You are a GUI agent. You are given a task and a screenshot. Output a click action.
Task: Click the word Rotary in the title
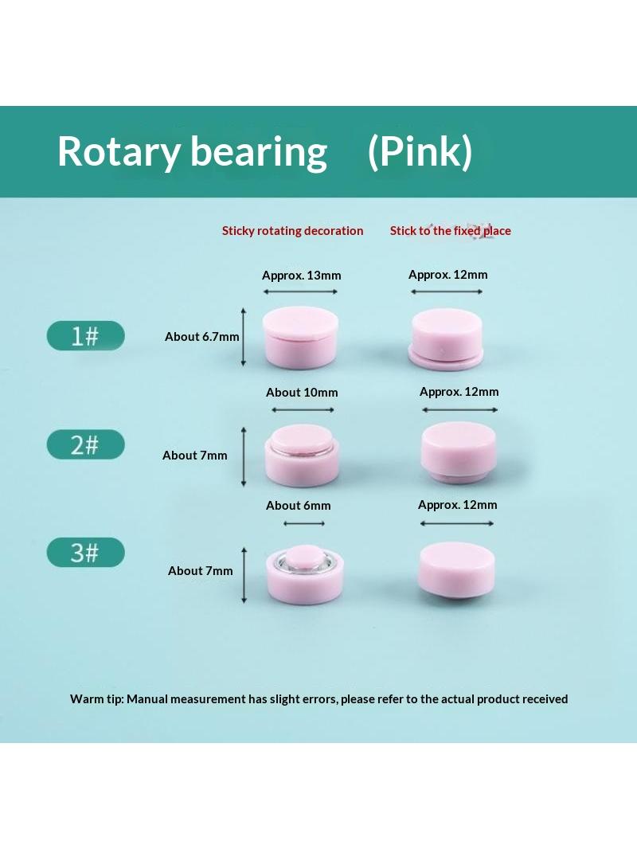[x=118, y=151]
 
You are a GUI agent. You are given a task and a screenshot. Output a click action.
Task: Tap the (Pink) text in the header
[x=420, y=151]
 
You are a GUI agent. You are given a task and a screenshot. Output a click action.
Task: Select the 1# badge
[x=85, y=336]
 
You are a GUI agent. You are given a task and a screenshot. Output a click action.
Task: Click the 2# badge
[x=85, y=444]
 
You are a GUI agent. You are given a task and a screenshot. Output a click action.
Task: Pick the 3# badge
[x=85, y=552]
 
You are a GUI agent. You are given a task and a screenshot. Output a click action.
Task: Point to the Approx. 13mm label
[x=302, y=275]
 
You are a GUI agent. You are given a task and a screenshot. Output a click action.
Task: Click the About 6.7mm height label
[x=202, y=337]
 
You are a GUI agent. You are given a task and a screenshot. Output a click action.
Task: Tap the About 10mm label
[x=302, y=393]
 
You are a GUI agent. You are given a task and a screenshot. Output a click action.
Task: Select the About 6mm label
[x=299, y=506]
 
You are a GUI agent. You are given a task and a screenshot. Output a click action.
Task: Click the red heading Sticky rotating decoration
[x=293, y=231]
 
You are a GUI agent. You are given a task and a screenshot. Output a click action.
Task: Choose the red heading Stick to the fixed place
[x=451, y=231]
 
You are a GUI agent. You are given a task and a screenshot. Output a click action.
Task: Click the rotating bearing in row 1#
[x=300, y=338]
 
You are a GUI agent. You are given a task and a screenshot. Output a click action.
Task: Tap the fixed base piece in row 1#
[x=446, y=339]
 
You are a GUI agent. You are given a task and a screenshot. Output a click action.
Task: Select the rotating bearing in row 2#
[x=302, y=456]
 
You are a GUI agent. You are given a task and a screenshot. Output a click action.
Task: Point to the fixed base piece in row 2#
[x=459, y=452]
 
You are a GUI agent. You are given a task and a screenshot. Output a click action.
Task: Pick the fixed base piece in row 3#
[x=456, y=570]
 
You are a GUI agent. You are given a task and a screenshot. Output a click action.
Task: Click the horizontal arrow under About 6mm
[x=304, y=523]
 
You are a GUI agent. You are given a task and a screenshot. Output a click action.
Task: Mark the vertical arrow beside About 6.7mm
[x=244, y=337]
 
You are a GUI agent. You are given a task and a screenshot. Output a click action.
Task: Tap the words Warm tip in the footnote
[x=96, y=699]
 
